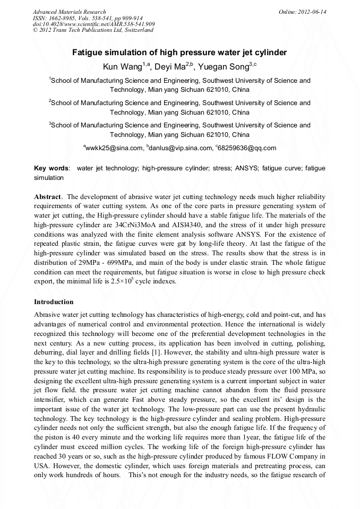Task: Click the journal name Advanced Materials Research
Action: [x=69, y=12]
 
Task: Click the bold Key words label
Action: [x=52, y=168]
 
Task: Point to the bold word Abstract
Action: [x=48, y=196]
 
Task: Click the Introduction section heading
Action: [x=54, y=301]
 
